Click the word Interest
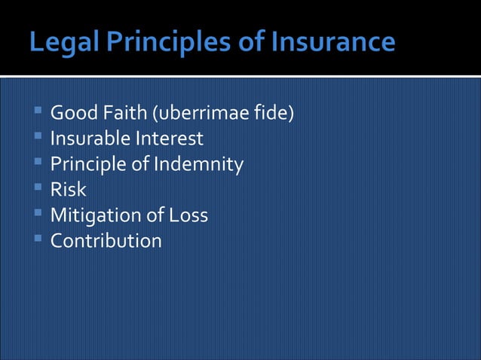point(169,139)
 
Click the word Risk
point(68,190)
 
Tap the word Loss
point(188,215)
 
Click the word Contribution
point(106,241)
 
